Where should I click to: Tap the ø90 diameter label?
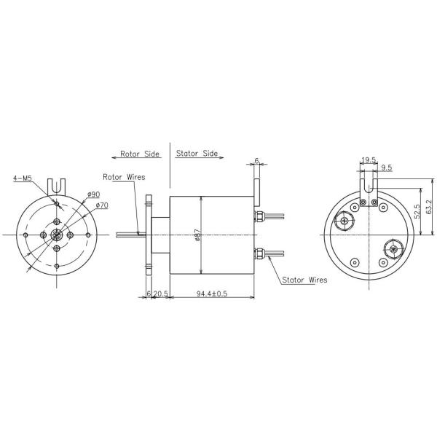(92, 194)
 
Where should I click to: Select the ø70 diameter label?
(101, 205)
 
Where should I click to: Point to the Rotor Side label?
(140, 154)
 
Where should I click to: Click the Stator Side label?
(197, 154)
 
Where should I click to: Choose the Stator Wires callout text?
(304, 279)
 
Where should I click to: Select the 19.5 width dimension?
(369, 159)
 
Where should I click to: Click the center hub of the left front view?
(56, 235)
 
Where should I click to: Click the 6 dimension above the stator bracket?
(257, 161)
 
